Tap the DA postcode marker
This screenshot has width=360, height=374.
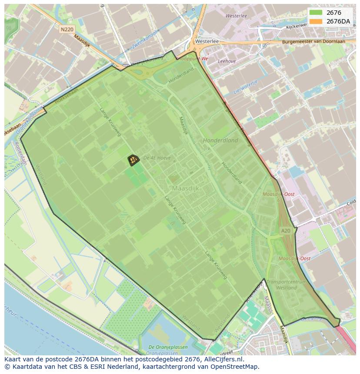(x=133, y=160)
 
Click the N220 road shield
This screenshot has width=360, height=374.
(x=67, y=29)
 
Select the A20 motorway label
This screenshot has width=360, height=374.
(x=285, y=231)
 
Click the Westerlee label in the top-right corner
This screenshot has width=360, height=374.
(x=236, y=16)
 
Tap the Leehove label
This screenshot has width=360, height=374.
(x=227, y=61)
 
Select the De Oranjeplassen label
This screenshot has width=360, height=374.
(x=168, y=347)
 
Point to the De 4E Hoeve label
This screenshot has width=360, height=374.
(x=157, y=158)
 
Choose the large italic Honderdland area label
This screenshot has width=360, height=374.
(x=220, y=140)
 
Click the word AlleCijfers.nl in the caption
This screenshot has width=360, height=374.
(x=223, y=359)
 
